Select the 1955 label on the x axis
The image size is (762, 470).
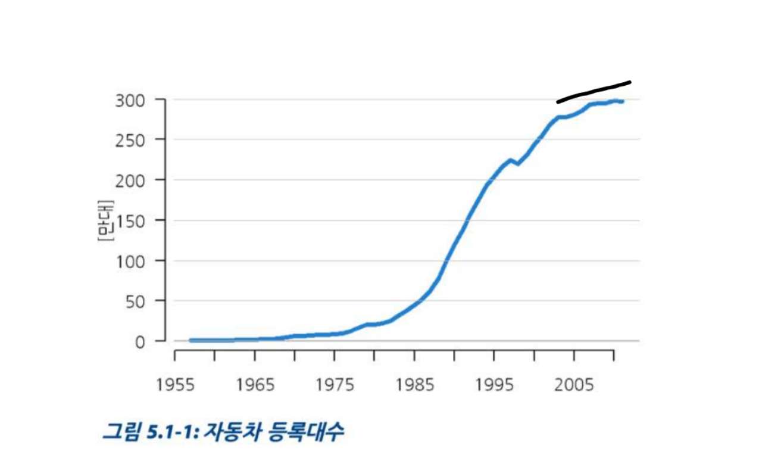[x=175, y=385]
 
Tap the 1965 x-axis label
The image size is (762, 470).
[x=255, y=385]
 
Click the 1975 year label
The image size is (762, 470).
[x=335, y=385]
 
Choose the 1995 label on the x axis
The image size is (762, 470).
[x=494, y=385]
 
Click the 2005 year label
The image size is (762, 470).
[x=574, y=385]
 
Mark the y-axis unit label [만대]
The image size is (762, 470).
[x=105, y=220]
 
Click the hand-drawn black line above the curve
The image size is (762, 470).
[x=594, y=92]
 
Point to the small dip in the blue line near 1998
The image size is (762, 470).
[x=517, y=164]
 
